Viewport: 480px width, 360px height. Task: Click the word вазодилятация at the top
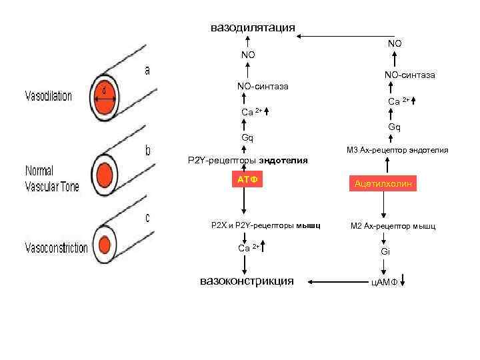(253, 27)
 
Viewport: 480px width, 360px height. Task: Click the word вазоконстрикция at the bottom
(247, 281)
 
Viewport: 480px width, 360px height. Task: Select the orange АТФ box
(247, 180)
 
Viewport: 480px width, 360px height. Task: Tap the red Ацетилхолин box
(385, 183)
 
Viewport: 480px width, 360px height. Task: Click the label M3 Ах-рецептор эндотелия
(397, 151)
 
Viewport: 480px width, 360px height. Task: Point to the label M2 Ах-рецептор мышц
(393, 227)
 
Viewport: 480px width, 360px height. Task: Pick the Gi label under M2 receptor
(385, 251)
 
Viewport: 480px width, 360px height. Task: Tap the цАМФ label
(385, 283)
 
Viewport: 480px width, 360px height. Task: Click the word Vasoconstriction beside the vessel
(56, 249)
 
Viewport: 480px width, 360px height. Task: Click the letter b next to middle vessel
(148, 152)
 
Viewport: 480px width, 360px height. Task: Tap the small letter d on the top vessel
(104, 89)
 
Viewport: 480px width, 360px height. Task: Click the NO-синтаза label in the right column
(409, 75)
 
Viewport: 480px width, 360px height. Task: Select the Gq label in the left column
(247, 138)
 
